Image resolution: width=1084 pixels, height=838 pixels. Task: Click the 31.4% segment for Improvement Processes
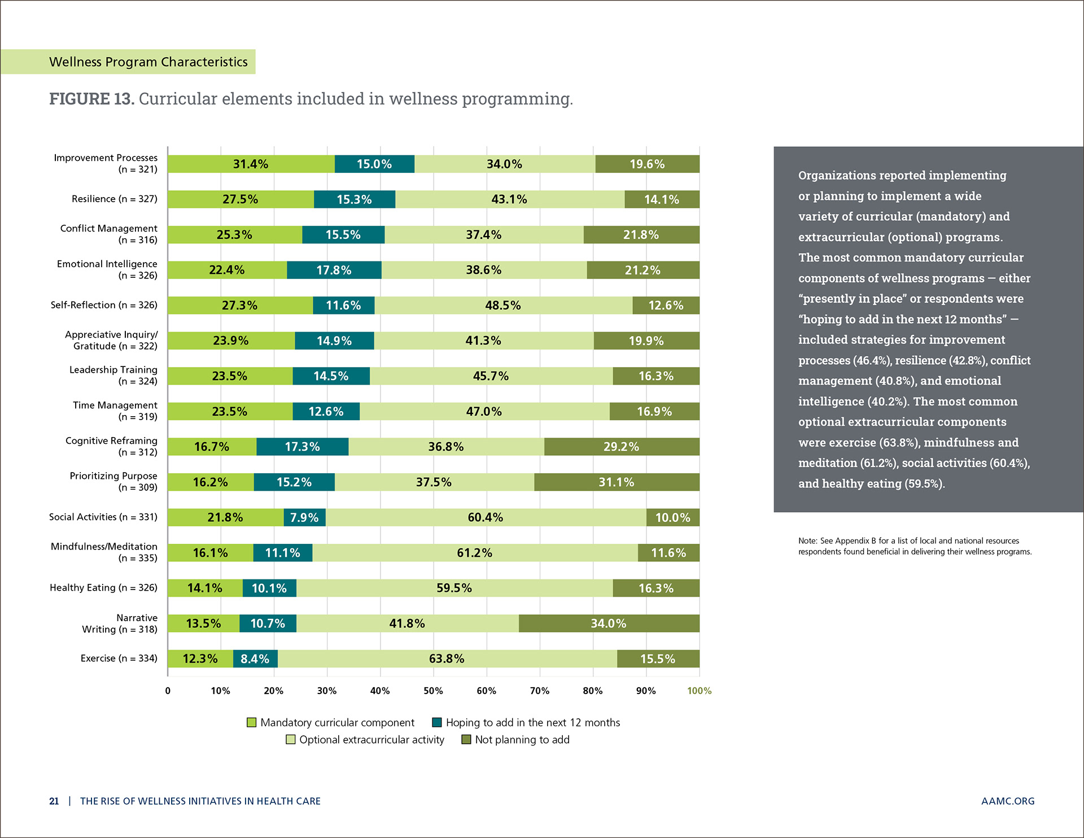point(251,164)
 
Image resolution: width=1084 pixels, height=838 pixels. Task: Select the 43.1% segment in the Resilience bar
point(509,199)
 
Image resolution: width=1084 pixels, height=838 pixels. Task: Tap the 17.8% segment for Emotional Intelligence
point(334,270)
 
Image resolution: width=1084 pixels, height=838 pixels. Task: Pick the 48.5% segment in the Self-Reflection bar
point(503,305)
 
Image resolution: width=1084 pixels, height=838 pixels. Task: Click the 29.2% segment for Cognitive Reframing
point(621,447)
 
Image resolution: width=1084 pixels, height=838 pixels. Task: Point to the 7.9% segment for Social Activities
point(304,517)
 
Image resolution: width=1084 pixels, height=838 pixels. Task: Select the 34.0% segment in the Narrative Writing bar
point(609,623)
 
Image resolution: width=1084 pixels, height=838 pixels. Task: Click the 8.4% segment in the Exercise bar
point(255,659)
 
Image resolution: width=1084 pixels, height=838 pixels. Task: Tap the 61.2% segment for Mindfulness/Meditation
point(475,553)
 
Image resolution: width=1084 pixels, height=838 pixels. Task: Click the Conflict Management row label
point(109,234)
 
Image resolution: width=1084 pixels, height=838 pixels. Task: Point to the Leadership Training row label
point(113,375)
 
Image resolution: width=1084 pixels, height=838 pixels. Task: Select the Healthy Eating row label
point(103,587)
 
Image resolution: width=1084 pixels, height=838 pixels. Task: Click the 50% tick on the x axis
point(433,691)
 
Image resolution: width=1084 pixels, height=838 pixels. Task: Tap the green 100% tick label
point(699,691)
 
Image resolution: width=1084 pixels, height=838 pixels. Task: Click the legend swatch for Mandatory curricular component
point(252,723)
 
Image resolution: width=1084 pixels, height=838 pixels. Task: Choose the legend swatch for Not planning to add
point(466,740)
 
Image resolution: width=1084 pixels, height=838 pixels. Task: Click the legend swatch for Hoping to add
point(437,723)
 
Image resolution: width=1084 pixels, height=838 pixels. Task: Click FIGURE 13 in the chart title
point(91,99)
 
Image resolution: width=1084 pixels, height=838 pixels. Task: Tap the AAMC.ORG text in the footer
point(1008,801)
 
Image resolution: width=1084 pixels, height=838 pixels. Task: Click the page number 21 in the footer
point(54,801)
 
